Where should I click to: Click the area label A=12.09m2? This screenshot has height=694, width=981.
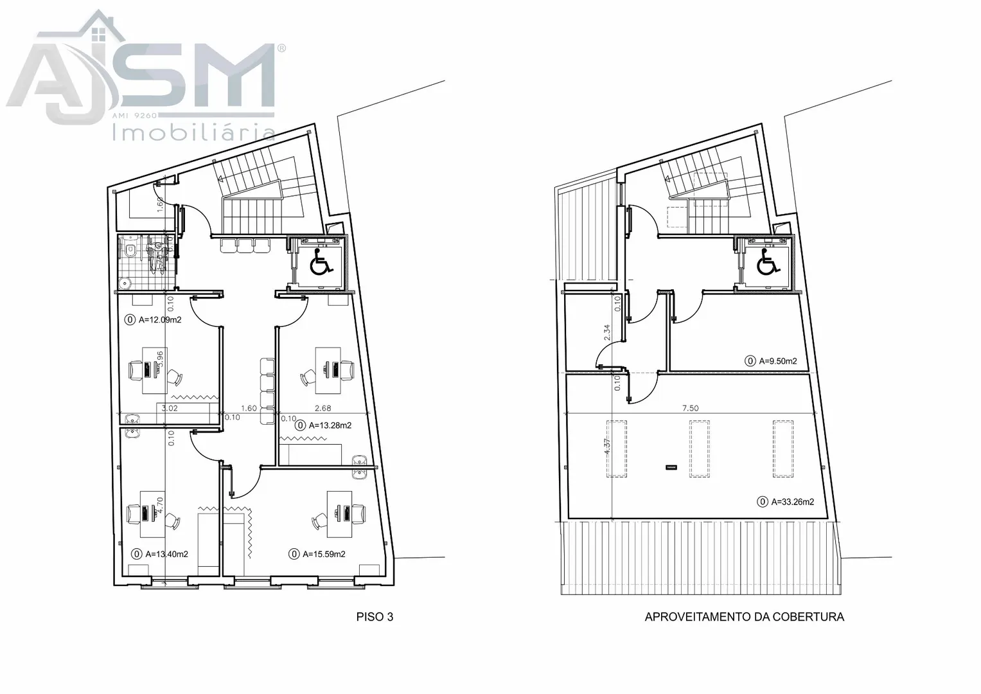(160, 320)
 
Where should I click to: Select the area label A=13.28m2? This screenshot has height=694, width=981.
(330, 425)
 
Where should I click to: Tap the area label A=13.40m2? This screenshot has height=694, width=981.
(166, 554)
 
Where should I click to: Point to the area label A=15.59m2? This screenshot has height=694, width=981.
(324, 554)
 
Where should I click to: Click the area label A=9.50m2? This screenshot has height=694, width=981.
(778, 361)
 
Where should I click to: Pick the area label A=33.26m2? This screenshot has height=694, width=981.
(792, 502)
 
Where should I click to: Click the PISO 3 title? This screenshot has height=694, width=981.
(375, 617)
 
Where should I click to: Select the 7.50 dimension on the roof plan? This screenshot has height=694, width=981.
(690, 408)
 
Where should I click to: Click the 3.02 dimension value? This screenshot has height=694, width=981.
(170, 408)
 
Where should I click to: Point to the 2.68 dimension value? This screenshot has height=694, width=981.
(323, 408)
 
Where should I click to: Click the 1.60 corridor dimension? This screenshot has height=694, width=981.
(249, 408)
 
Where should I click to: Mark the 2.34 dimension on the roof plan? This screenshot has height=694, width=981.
(607, 333)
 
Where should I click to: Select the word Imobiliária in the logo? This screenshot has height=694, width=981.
(194, 132)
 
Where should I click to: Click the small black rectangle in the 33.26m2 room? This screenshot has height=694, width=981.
(671, 468)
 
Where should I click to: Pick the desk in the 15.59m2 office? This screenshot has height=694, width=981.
(339, 514)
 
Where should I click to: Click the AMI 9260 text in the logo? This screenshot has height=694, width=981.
(134, 116)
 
